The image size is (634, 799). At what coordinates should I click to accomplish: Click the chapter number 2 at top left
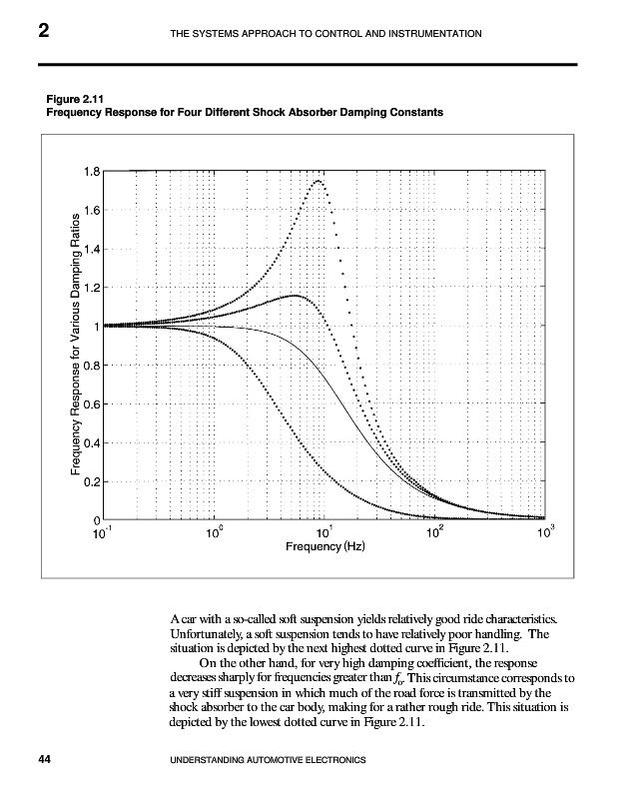[44, 33]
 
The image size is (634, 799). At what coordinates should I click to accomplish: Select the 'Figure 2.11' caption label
[76, 98]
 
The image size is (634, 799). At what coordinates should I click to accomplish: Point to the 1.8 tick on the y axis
[91, 171]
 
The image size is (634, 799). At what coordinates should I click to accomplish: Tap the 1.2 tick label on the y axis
[91, 288]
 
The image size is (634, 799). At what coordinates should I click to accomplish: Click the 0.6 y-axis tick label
[91, 404]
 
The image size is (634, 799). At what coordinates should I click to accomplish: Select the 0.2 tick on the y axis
[91, 482]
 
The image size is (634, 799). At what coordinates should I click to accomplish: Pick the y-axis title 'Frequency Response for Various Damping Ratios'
[74, 346]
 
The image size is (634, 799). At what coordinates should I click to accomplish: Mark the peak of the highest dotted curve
[318, 181]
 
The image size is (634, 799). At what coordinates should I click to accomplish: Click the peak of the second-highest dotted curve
[297, 296]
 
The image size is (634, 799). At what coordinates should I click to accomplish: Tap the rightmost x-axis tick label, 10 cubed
[544, 533]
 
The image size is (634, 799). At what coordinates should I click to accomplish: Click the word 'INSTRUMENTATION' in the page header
[433, 35]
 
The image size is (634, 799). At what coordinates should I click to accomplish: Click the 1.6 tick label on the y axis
[91, 210]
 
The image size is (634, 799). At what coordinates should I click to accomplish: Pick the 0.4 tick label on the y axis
[91, 443]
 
